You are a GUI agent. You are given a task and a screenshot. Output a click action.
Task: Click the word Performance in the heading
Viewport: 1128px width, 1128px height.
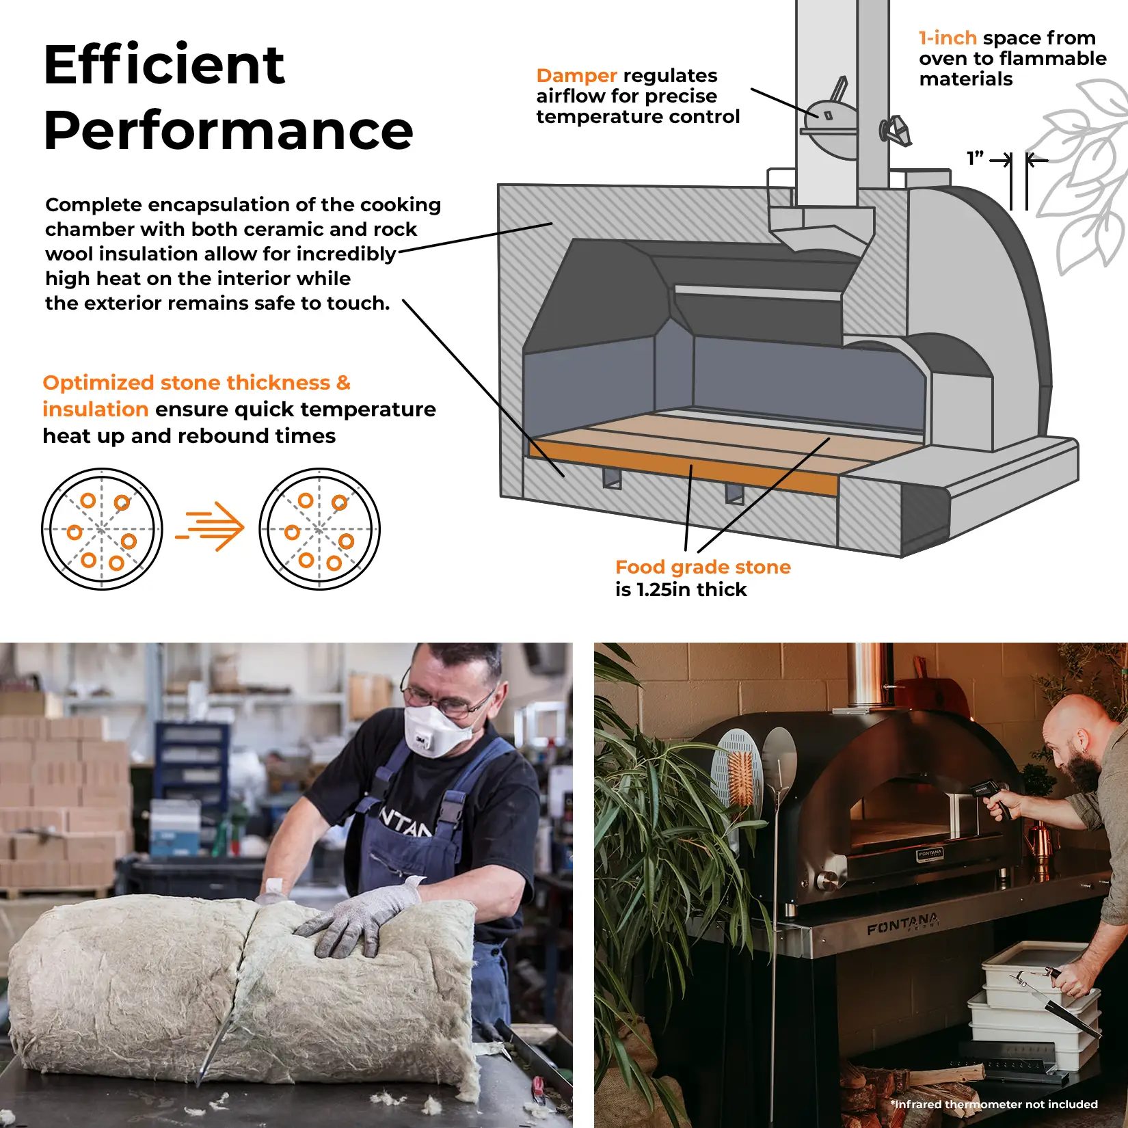[x=228, y=131]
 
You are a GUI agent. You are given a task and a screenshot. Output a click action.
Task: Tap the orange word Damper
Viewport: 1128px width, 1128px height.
[x=577, y=75]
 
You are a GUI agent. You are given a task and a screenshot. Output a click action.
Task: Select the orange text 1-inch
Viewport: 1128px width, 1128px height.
[x=948, y=38]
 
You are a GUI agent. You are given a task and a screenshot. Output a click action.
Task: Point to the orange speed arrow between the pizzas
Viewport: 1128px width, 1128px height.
[x=210, y=526]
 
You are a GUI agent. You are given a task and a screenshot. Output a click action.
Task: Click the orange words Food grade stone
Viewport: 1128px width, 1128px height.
[x=703, y=567]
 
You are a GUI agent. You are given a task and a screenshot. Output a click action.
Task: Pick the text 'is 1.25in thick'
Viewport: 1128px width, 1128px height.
[x=681, y=589]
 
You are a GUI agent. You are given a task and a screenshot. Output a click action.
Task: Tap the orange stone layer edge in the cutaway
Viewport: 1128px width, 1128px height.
[x=684, y=468]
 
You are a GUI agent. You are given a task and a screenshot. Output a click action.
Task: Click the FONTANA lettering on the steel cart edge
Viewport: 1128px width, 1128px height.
[x=903, y=924]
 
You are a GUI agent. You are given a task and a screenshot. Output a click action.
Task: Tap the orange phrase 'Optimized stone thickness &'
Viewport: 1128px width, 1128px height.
[x=197, y=382]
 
